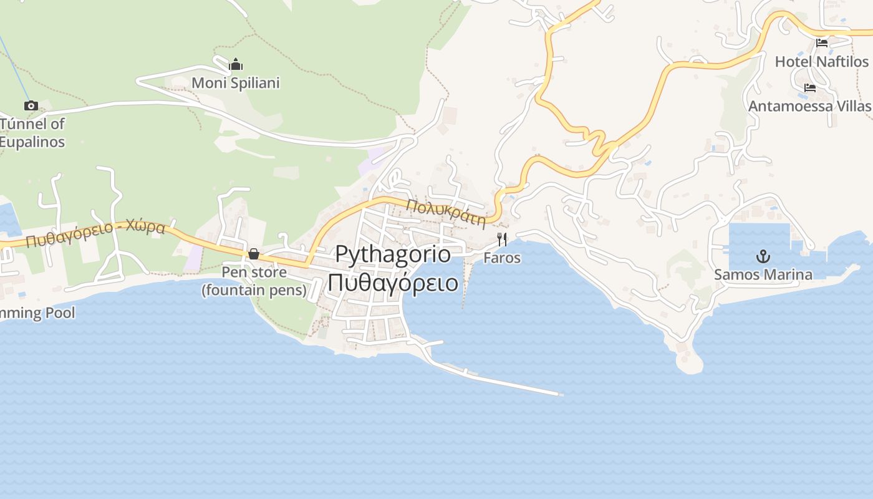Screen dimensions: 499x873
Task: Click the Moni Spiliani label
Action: coord(236,83)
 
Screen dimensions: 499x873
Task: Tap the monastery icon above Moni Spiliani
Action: coord(236,64)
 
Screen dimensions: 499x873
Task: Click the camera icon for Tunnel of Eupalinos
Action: coord(31,105)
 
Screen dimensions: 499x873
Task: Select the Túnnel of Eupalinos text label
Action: coord(32,133)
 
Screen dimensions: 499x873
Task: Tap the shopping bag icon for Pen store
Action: coord(254,254)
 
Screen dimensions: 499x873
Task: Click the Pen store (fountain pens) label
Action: coord(254,281)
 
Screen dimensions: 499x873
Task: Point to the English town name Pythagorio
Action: coord(393,254)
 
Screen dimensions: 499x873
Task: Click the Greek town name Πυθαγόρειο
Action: coord(393,283)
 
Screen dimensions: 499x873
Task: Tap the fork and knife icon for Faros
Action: coord(502,239)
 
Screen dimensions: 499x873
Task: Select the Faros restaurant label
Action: coord(502,258)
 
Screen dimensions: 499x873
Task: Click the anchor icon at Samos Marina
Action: coord(763,256)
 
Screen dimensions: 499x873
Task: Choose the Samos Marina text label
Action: coord(763,274)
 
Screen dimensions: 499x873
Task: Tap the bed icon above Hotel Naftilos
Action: coord(822,43)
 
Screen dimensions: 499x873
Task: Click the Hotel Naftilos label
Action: coord(821,62)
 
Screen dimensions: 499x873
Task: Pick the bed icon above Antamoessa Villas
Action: coord(810,88)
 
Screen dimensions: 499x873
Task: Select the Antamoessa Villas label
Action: coord(809,106)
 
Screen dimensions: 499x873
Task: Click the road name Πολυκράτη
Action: coord(445,213)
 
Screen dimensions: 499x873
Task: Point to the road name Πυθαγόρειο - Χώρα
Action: coord(95,233)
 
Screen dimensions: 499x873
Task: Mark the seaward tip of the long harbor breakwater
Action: coord(561,394)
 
